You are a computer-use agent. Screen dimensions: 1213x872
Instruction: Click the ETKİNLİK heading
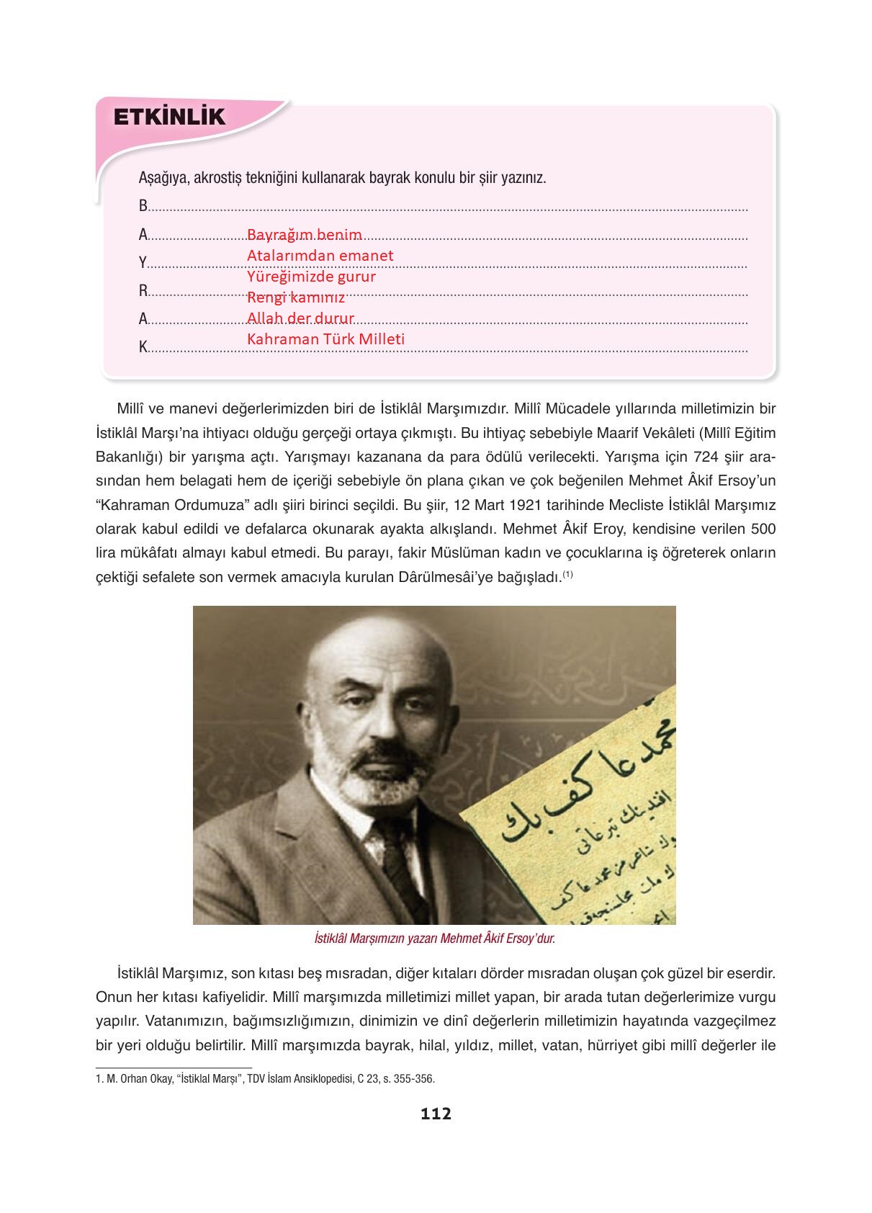(x=169, y=117)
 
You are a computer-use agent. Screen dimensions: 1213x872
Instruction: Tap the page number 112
(x=436, y=1114)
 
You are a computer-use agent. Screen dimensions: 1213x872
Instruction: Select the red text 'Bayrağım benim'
(x=304, y=235)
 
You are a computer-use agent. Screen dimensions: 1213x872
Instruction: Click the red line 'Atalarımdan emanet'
(x=320, y=256)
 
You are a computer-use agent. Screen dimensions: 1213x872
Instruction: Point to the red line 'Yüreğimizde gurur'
(x=311, y=277)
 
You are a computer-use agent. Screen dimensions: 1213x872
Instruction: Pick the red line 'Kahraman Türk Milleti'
(x=325, y=339)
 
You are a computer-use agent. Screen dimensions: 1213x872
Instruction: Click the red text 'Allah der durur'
(x=300, y=318)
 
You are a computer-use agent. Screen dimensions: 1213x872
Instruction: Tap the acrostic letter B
(x=143, y=207)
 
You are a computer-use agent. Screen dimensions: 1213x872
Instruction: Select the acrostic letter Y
(x=143, y=262)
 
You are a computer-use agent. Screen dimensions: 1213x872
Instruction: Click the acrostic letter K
(x=143, y=347)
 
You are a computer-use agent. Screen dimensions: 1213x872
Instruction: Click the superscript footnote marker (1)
(x=567, y=574)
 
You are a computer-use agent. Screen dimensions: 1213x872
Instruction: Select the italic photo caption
(x=434, y=939)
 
